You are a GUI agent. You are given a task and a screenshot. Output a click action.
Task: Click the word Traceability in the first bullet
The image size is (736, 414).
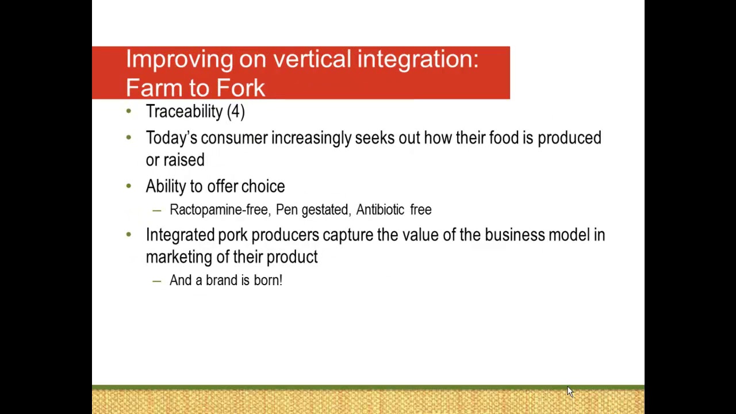(x=183, y=112)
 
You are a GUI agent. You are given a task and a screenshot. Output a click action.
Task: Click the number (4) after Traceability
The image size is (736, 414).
(x=236, y=112)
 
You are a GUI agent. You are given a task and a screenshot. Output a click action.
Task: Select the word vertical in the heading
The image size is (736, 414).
(x=312, y=59)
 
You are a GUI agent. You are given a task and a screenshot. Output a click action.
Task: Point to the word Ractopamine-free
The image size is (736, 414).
(x=219, y=210)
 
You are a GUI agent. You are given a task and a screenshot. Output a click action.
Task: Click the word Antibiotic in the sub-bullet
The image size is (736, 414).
(x=380, y=210)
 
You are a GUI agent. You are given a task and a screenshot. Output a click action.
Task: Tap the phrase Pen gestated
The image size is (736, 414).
(x=312, y=210)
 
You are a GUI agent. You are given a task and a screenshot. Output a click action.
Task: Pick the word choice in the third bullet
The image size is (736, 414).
(x=263, y=186)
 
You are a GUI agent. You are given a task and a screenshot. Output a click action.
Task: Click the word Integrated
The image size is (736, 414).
(x=180, y=235)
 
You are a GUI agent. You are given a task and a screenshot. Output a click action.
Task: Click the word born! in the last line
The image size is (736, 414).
(x=268, y=281)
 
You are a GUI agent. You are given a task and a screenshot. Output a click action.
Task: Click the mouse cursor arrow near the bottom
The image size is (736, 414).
(x=570, y=392)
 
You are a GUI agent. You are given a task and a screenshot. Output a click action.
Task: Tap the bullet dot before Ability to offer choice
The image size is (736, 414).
(x=128, y=186)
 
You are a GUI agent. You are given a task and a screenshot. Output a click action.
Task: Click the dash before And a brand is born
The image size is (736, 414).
(x=157, y=281)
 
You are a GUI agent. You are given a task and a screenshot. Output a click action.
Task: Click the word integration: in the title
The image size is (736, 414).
(x=417, y=59)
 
